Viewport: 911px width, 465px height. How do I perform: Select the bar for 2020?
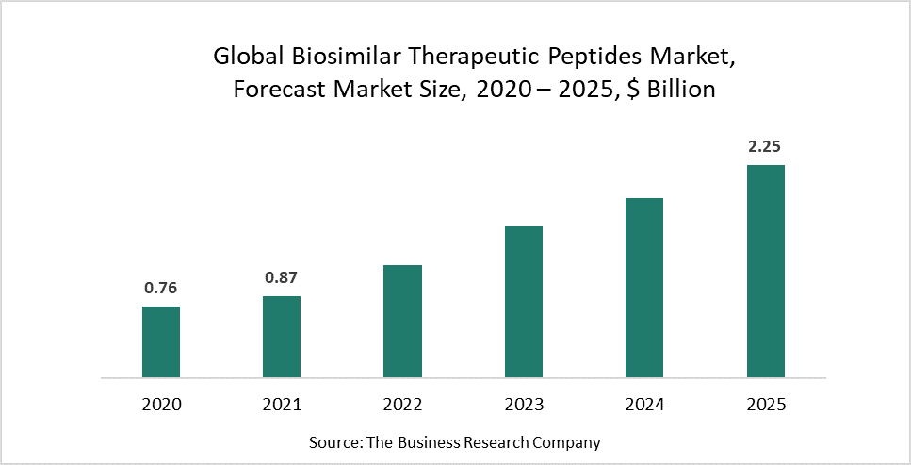tap(161, 341)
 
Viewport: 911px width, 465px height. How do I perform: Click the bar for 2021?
tap(282, 337)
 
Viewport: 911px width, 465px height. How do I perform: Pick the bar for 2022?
tap(402, 321)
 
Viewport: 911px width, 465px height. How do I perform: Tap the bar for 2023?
tap(523, 302)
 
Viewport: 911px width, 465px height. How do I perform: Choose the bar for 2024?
tap(644, 288)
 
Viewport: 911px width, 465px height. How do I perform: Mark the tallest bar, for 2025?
tap(765, 271)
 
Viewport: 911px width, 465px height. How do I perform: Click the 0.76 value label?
tap(161, 289)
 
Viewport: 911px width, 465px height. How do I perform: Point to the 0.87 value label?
tap(282, 278)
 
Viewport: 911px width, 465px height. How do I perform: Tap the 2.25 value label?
tap(765, 147)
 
